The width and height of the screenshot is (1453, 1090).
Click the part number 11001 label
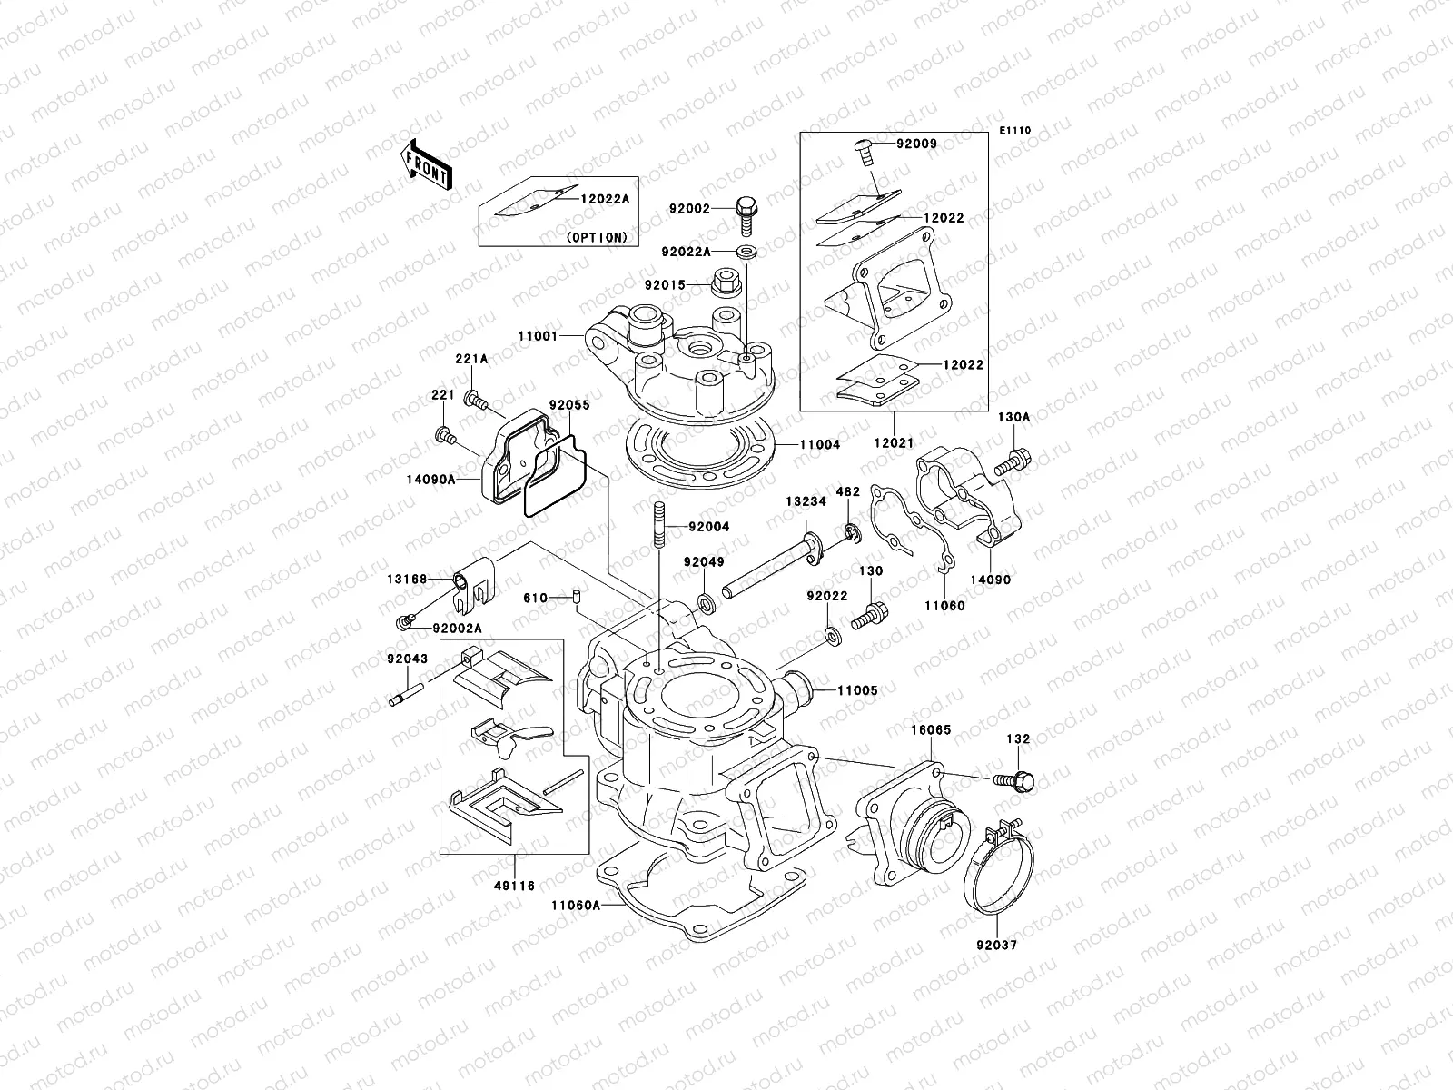click(537, 336)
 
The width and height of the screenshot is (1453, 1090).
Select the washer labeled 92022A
click(749, 252)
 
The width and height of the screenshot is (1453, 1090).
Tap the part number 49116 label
click(513, 886)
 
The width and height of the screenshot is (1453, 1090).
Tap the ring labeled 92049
click(706, 603)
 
